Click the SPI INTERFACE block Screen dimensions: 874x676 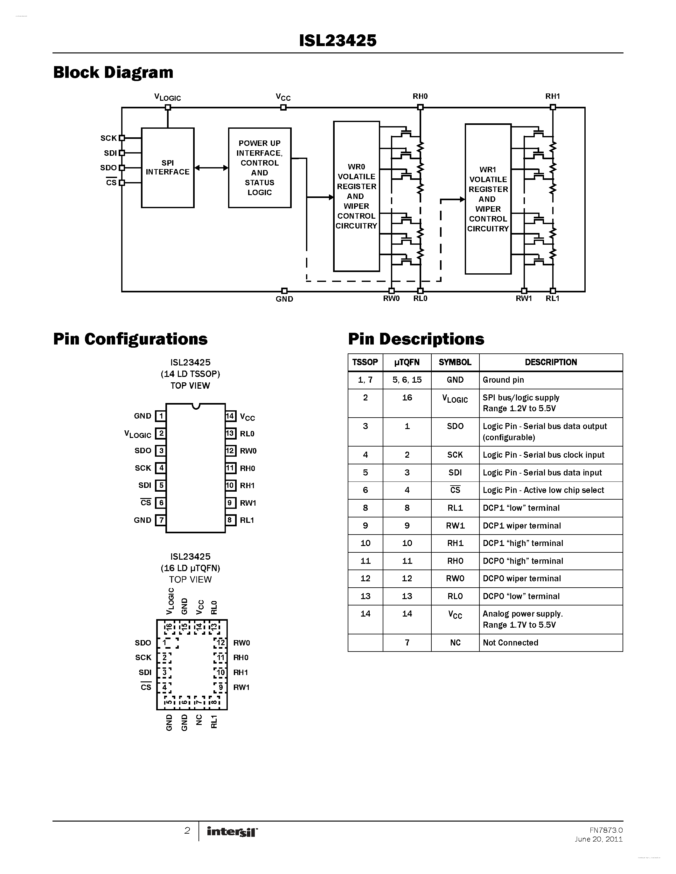(167, 168)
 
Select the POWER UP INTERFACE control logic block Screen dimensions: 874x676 (260, 168)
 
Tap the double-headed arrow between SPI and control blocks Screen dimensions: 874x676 (211, 168)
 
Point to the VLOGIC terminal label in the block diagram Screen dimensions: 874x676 (167, 97)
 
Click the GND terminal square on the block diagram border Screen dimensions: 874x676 (284, 290)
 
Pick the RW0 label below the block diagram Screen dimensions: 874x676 (391, 298)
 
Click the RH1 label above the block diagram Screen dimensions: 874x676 (552, 96)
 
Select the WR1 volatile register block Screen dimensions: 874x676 (488, 199)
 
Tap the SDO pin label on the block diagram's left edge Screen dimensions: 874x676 (108, 168)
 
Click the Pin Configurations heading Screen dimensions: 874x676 (130, 339)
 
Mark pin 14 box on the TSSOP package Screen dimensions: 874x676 (230, 416)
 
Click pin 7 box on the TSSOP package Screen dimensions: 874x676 (161, 520)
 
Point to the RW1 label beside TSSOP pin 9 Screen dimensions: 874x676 (247, 503)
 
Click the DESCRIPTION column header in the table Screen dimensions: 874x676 (551, 362)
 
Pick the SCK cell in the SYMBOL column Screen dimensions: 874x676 (455, 454)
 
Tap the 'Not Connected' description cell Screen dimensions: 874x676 (510, 643)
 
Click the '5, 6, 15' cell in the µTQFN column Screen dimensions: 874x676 (407, 380)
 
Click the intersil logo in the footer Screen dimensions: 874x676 (232, 832)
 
